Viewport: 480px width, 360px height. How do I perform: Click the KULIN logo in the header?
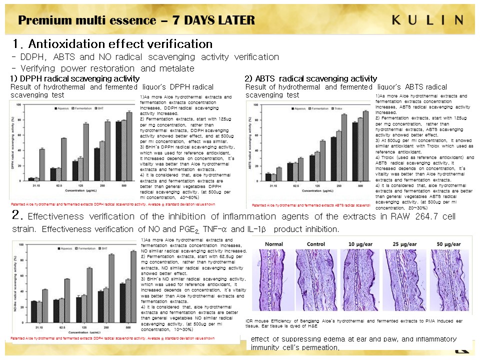click(427, 20)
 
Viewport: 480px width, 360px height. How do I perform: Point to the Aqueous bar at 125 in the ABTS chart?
click(311, 167)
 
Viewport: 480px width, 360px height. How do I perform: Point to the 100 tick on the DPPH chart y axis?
click(19, 105)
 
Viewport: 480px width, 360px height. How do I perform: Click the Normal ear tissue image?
click(273, 280)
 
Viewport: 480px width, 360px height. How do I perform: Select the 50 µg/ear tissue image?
click(448, 280)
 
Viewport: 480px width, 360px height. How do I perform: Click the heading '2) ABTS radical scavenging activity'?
click(310, 78)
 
